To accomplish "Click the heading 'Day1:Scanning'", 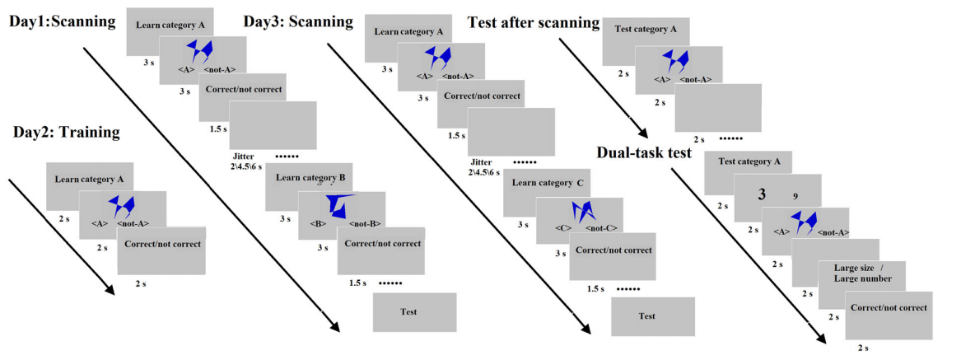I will [x=61, y=21].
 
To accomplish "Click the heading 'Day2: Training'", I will [x=66, y=132].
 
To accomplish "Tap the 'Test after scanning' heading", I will [x=533, y=22].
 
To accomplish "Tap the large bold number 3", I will [x=763, y=194].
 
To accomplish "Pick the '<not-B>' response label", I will [x=363, y=223].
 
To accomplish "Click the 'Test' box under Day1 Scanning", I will [x=408, y=312].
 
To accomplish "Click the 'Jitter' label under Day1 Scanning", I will [x=247, y=155].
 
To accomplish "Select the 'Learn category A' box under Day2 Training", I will [x=90, y=179].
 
